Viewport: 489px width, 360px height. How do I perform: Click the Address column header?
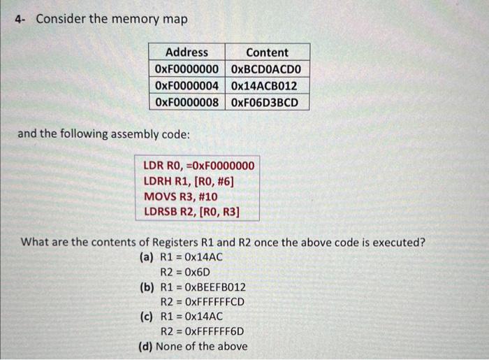[x=187, y=52]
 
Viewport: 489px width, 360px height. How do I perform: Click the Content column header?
[x=267, y=52]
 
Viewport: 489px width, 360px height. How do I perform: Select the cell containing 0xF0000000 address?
[x=187, y=69]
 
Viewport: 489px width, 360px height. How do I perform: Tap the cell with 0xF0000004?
[x=187, y=86]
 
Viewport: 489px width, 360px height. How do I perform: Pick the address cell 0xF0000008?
[x=187, y=103]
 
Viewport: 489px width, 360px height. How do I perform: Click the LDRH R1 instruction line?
[x=189, y=182]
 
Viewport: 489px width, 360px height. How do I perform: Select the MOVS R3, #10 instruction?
[x=180, y=196]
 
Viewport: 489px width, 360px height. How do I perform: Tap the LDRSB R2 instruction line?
[x=191, y=211]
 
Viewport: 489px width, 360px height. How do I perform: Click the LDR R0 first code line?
[x=198, y=166]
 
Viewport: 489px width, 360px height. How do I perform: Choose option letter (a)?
[x=147, y=257]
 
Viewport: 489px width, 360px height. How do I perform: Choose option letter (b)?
[x=147, y=287]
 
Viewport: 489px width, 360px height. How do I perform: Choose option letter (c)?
[x=147, y=317]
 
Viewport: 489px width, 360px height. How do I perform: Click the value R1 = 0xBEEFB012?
[x=203, y=287]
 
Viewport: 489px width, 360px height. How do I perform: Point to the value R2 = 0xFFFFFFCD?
[x=203, y=302]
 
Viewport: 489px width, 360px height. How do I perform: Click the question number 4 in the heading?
[x=19, y=19]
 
